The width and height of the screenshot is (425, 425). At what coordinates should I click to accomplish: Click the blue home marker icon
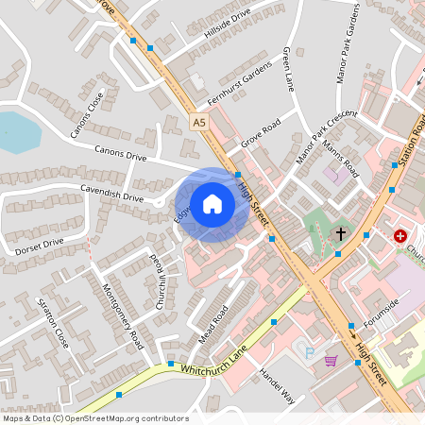[x=212, y=204]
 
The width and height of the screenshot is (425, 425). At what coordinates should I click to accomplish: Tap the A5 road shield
[x=197, y=123]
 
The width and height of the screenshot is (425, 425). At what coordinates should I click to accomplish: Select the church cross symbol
[x=340, y=232]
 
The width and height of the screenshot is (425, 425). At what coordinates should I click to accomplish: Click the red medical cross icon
[x=400, y=234]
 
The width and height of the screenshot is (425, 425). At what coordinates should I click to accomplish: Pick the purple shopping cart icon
[x=331, y=360]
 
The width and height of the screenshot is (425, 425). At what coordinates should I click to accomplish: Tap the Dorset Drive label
[x=39, y=247]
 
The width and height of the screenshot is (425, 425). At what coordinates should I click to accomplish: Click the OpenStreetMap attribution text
[x=94, y=418]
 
